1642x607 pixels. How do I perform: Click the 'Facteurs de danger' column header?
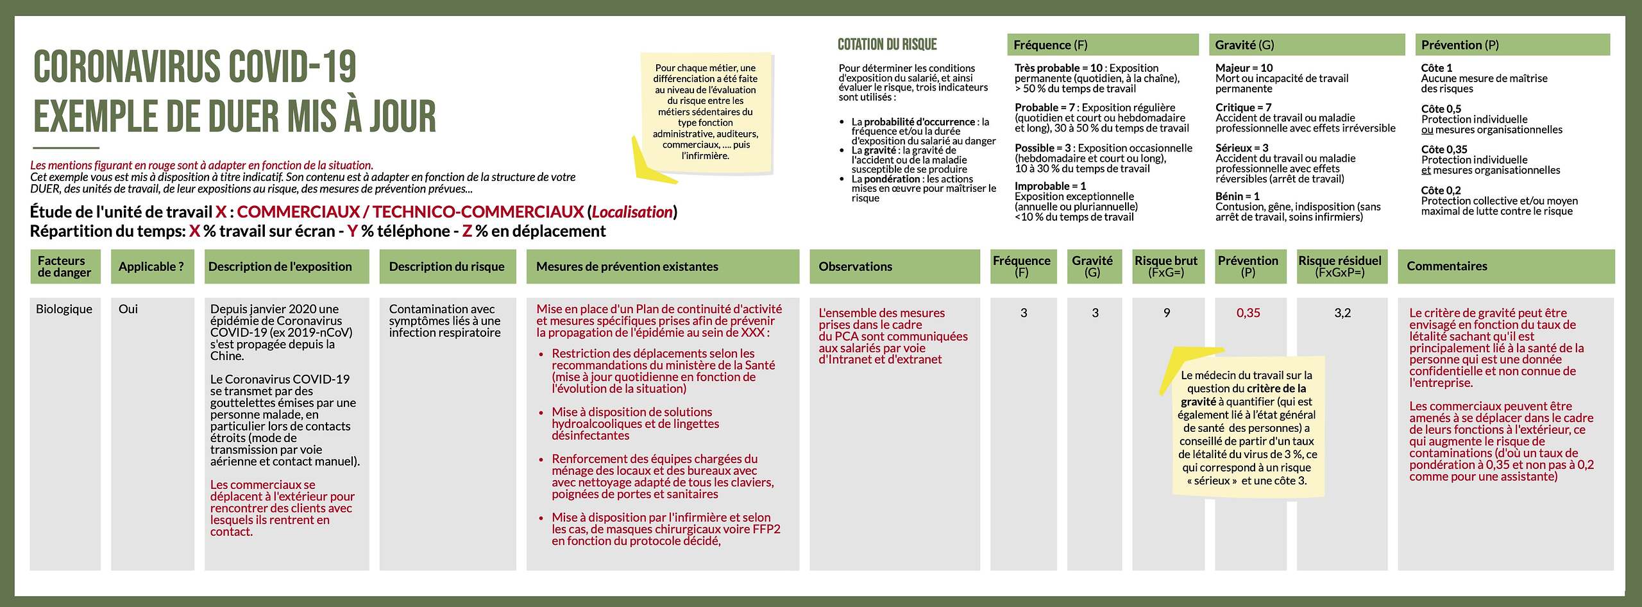(x=65, y=266)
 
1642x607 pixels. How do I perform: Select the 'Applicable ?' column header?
(x=152, y=266)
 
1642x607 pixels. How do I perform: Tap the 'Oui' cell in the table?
(x=128, y=309)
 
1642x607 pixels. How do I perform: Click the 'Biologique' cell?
(x=64, y=309)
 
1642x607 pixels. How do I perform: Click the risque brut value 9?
(x=1167, y=313)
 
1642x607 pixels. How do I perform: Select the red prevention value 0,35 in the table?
(x=1248, y=313)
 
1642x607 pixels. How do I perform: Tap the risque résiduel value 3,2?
(x=1342, y=313)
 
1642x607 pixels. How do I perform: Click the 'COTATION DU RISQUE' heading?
(x=887, y=44)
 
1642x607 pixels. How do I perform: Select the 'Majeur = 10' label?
(x=1244, y=68)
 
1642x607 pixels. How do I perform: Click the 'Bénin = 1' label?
(x=1237, y=196)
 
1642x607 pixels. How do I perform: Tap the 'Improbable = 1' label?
(x=1050, y=186)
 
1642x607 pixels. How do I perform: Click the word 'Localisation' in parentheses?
(x=632, y=212)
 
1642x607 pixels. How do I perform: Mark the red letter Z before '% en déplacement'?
(x=467, y=231)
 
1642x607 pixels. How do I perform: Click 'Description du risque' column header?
(x=447, y=266)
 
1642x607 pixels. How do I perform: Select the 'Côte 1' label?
(x=1437, y=68)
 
